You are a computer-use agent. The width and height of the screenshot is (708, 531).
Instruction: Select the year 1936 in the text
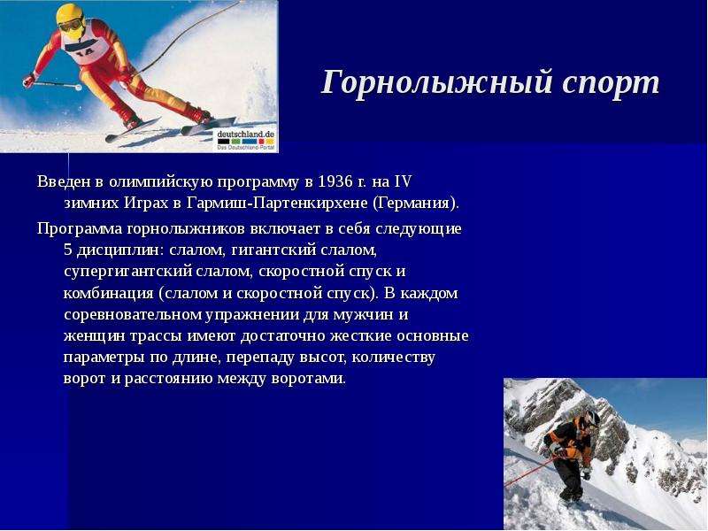tap(336, 181)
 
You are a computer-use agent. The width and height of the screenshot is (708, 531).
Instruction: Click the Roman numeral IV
tap(404, 181)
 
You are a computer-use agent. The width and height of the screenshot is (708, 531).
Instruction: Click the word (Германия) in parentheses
tap(416, 204)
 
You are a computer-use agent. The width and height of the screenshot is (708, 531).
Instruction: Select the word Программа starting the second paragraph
tap(80, 229)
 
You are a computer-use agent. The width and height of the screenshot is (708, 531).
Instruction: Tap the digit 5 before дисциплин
tap(68, 250)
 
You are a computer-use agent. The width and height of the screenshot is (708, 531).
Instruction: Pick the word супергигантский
tap(127, 272)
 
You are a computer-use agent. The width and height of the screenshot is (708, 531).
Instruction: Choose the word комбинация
tap(109, 293)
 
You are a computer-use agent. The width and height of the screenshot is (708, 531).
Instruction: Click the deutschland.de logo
tap(246, 140)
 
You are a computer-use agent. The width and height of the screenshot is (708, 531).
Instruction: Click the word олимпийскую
tap(161, 182)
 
